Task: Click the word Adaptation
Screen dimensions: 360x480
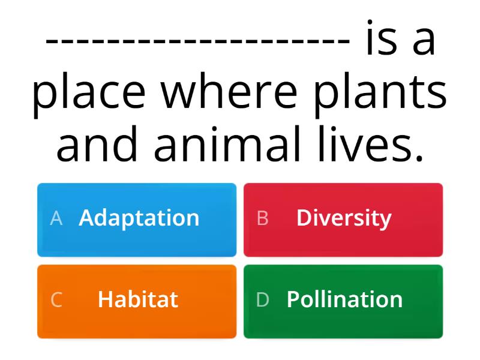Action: point(139,218)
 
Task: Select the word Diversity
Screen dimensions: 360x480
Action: point(343,218)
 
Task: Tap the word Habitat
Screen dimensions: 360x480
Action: point(137,299)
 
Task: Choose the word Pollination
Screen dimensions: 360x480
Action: point(344,299)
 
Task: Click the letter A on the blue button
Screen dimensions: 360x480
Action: point(56,218)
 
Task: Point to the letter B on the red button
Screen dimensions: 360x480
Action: point(262,218)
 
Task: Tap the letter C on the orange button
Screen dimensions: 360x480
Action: point(56,300)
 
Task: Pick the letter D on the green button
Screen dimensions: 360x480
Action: point(262,300)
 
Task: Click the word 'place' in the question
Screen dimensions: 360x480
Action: point(89,94)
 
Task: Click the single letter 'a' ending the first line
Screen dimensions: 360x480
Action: point(424,42)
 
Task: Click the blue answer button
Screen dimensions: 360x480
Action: point(137,220)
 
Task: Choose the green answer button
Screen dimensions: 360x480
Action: point(343,301)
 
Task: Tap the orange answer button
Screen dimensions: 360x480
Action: point(137,301)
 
